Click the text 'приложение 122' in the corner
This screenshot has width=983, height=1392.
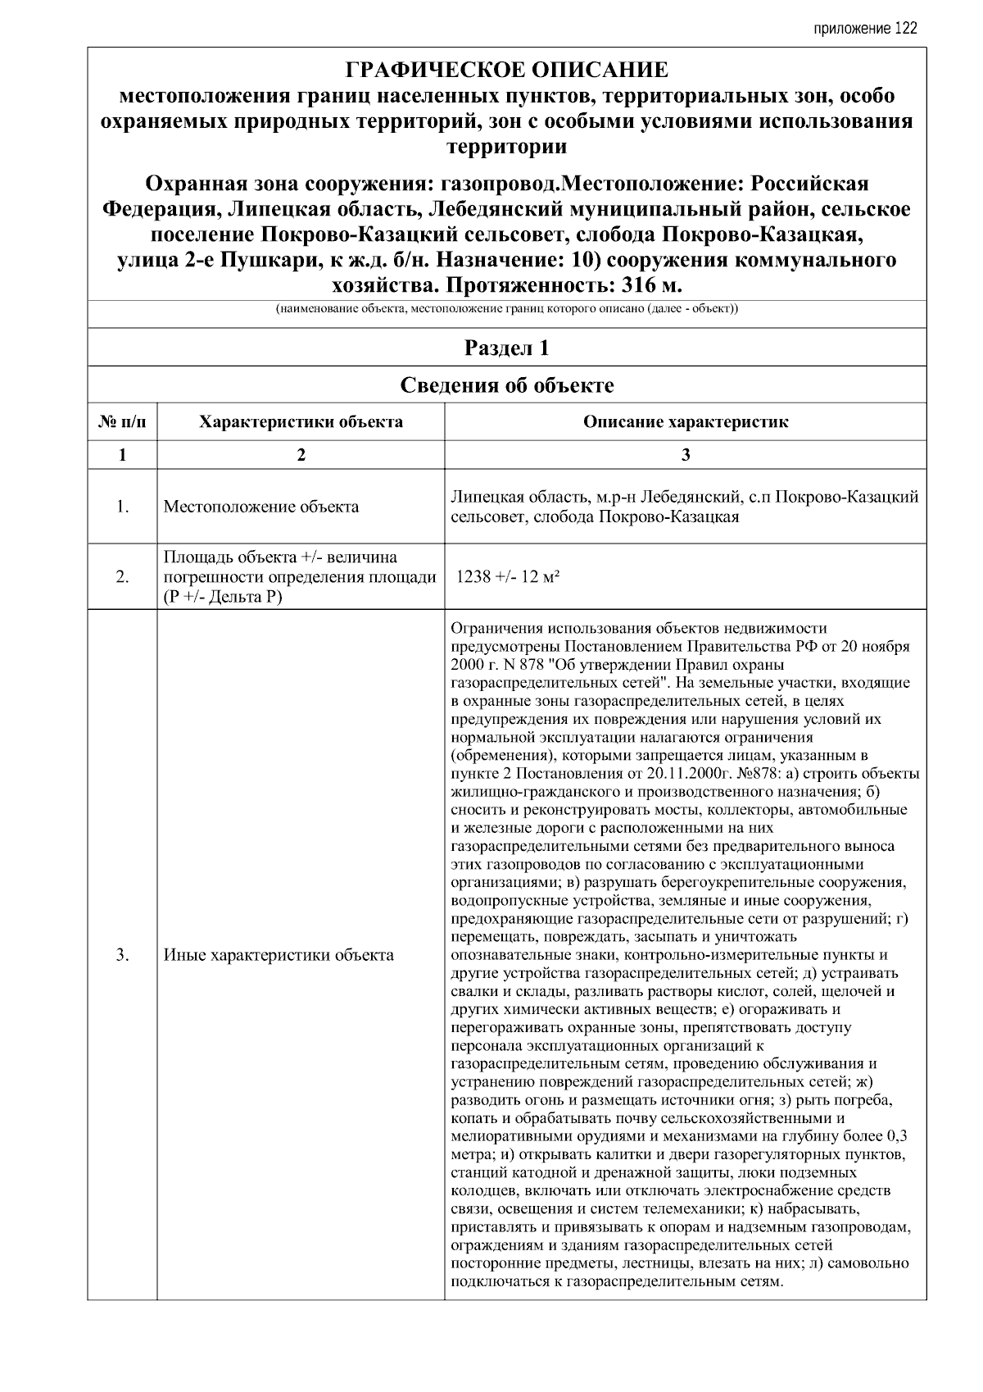(x=865, y=29)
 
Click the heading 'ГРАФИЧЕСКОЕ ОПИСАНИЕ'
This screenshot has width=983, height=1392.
(x=506, y=70)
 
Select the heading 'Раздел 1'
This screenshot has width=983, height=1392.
(x=506, y=348)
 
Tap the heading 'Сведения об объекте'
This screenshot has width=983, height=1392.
(x=506, y=384)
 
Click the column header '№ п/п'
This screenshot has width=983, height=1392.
(x=122, y=422)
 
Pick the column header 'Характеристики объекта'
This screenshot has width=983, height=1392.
(x=301, y=422)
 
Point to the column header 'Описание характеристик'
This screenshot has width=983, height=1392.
(x=686, y=422)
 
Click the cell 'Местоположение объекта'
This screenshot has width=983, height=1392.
(x=261, y=507)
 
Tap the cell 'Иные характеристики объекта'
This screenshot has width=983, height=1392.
(x=279, y=955)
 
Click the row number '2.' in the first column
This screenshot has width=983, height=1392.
(x=122, y=577)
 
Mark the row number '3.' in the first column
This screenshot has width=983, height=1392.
(x=122, y=955)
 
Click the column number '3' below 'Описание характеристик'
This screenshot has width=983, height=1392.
(x=686, y=455)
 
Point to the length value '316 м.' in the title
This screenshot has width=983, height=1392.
(x=652, y=286)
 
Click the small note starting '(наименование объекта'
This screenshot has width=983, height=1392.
(x=506, y=310)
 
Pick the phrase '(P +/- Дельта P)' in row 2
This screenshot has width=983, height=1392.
(x=223, y=596)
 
